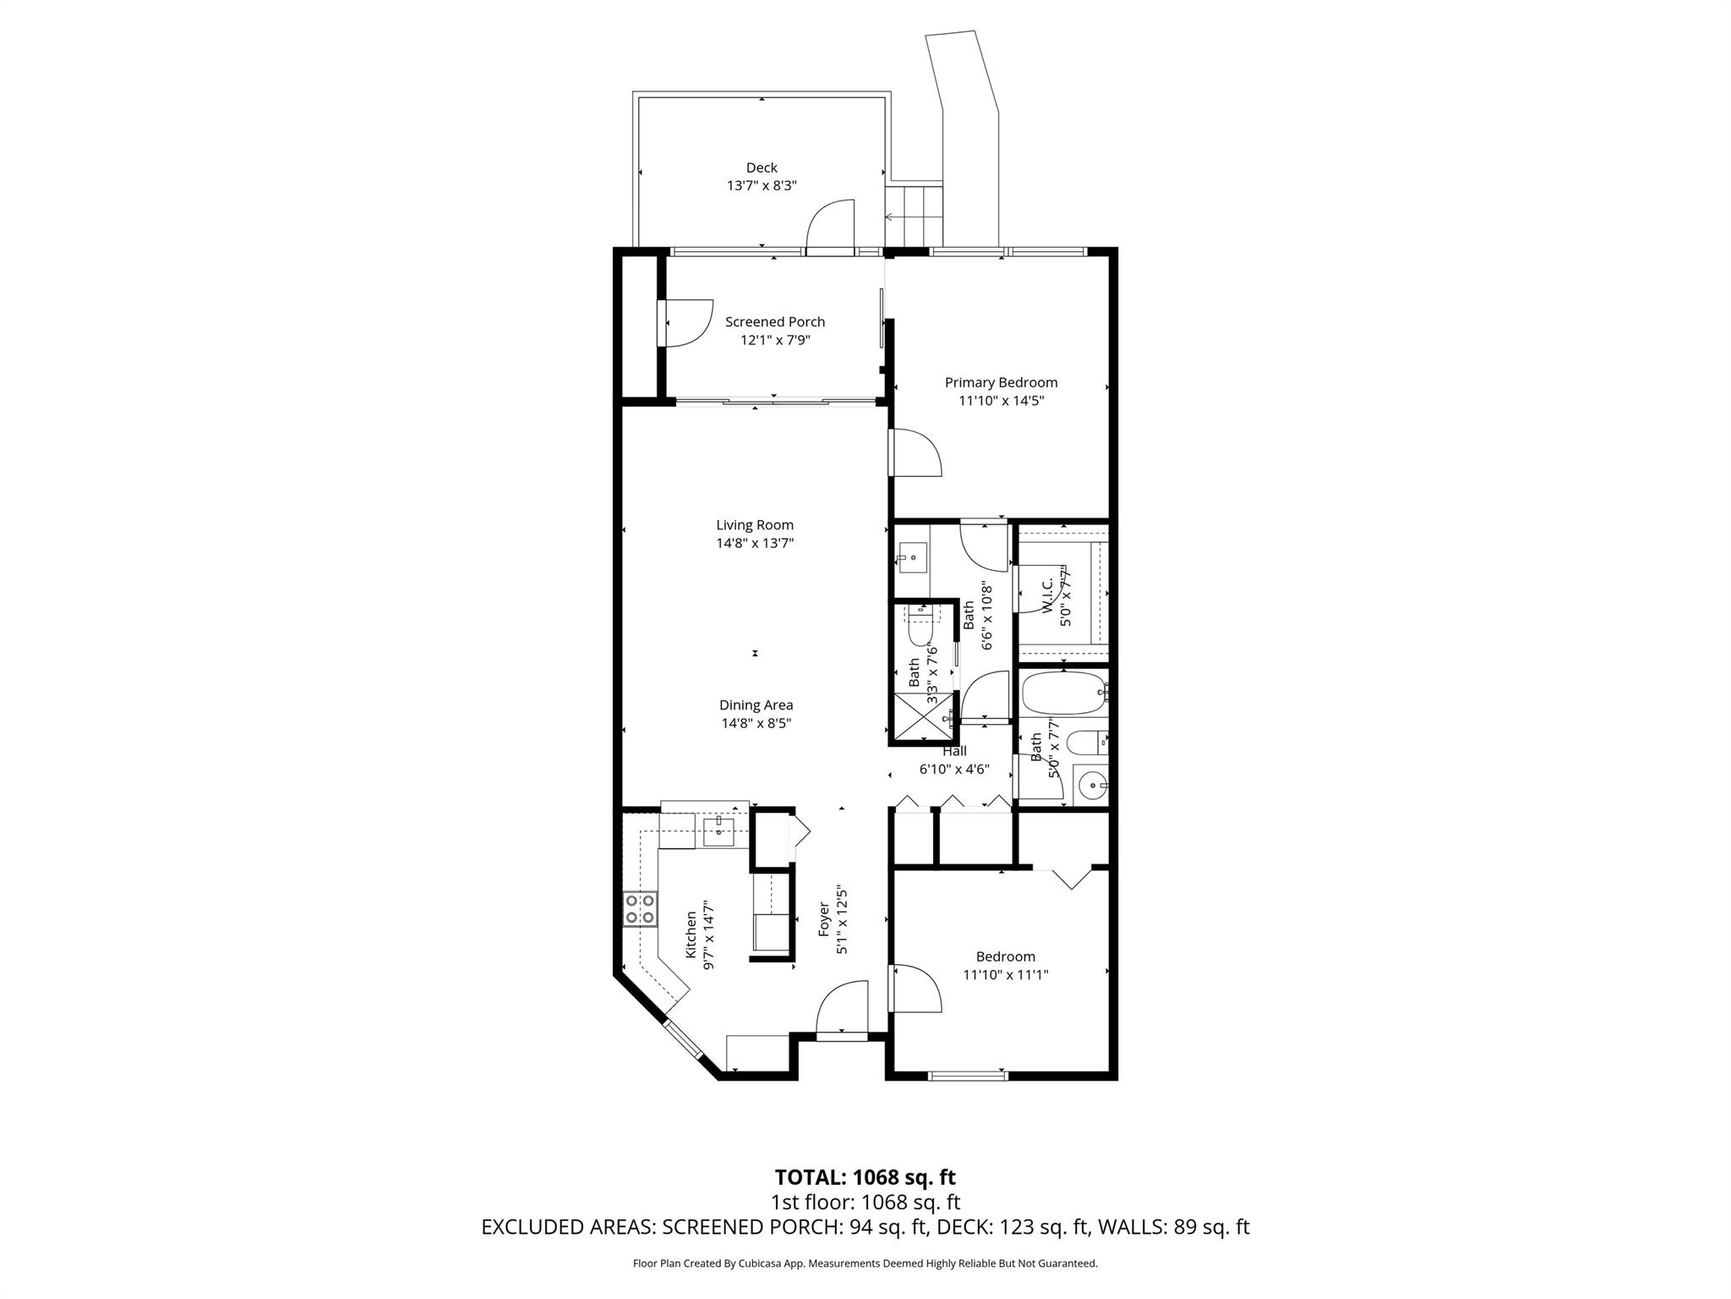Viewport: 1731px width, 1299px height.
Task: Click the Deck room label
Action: pyautogui.click(x=761, y=167)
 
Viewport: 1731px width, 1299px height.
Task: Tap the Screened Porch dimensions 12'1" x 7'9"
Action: pyautogui.click(x=774, y=340)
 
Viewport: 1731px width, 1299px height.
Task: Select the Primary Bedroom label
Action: pyautogui.click(x=1001, y=382)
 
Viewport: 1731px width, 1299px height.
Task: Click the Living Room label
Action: pyautogui.click(x=755, y=525)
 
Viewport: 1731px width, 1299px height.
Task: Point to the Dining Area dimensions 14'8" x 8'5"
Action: pyautogui.click(x=756, y=723)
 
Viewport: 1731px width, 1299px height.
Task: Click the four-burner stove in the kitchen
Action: pyautogui.click(x=640, y=909)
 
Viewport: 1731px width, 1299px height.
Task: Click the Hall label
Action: pyautogui.click(x=954, y=751)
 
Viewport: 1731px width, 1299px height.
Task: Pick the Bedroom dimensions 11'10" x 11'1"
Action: pyautogui.click(x=1005, y=975)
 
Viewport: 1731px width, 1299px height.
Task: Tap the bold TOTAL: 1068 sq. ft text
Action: pyautogui.click(x=865, y=1176)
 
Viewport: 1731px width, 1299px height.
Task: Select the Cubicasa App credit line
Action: pyautogui.click(x=865, y=1263)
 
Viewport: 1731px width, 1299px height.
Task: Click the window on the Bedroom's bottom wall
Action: pyautogui.click(x=968, y=1076)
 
